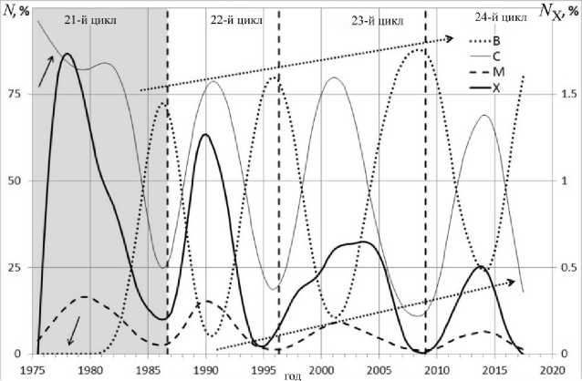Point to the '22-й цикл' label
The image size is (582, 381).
tap(223, 19)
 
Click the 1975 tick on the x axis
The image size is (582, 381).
tap(33, 369)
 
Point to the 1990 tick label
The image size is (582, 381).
tap(206, 369)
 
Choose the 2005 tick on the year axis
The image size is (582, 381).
tap(379, 369)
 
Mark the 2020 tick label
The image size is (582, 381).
tap(552, 369)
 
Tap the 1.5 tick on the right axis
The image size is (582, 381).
tap(566, 94)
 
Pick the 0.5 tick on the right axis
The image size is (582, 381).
tap(566, 267)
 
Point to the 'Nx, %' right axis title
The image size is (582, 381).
tap(560, 10)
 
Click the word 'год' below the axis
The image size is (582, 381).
tap(293, 374)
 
